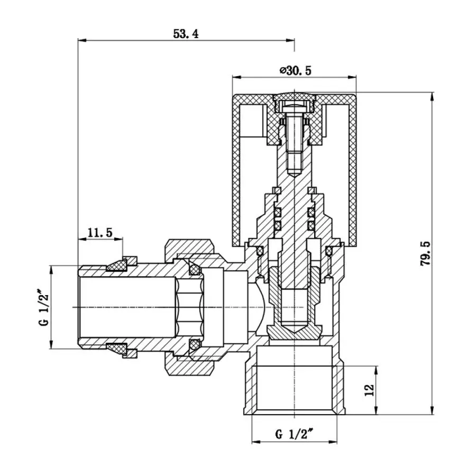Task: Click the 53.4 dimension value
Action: tap(186, 34)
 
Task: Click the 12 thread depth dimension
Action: tap(370, 389)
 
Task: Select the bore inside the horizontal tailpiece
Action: tap(127, 307)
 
